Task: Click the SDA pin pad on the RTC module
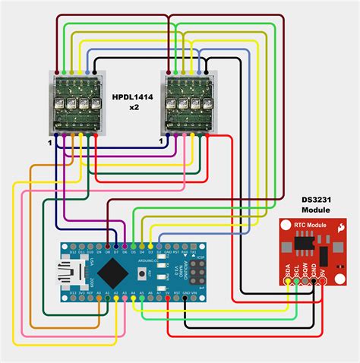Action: point(287,282)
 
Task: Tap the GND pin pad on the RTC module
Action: point(312,282)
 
